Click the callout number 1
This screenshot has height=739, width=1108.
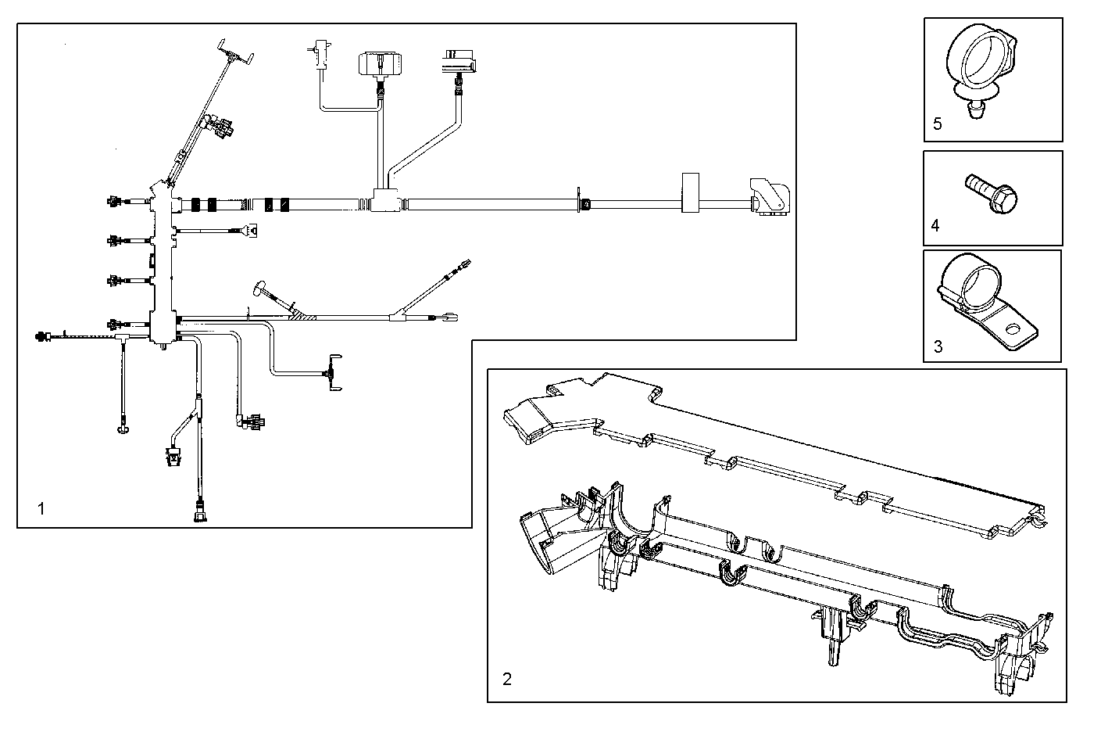pos(41,509)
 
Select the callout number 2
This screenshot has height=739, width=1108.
pos(506,679)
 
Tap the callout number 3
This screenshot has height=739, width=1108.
pos(938,346)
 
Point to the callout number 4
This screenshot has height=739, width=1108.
pos(935,226)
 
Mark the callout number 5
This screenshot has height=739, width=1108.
pos(938,124)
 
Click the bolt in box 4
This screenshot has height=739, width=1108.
pos(992,192)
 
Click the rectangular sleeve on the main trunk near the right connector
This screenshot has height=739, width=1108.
pos(689,192)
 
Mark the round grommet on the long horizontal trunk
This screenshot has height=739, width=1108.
pos(583,205)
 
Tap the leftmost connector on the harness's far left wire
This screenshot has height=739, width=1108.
pos(41,336)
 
